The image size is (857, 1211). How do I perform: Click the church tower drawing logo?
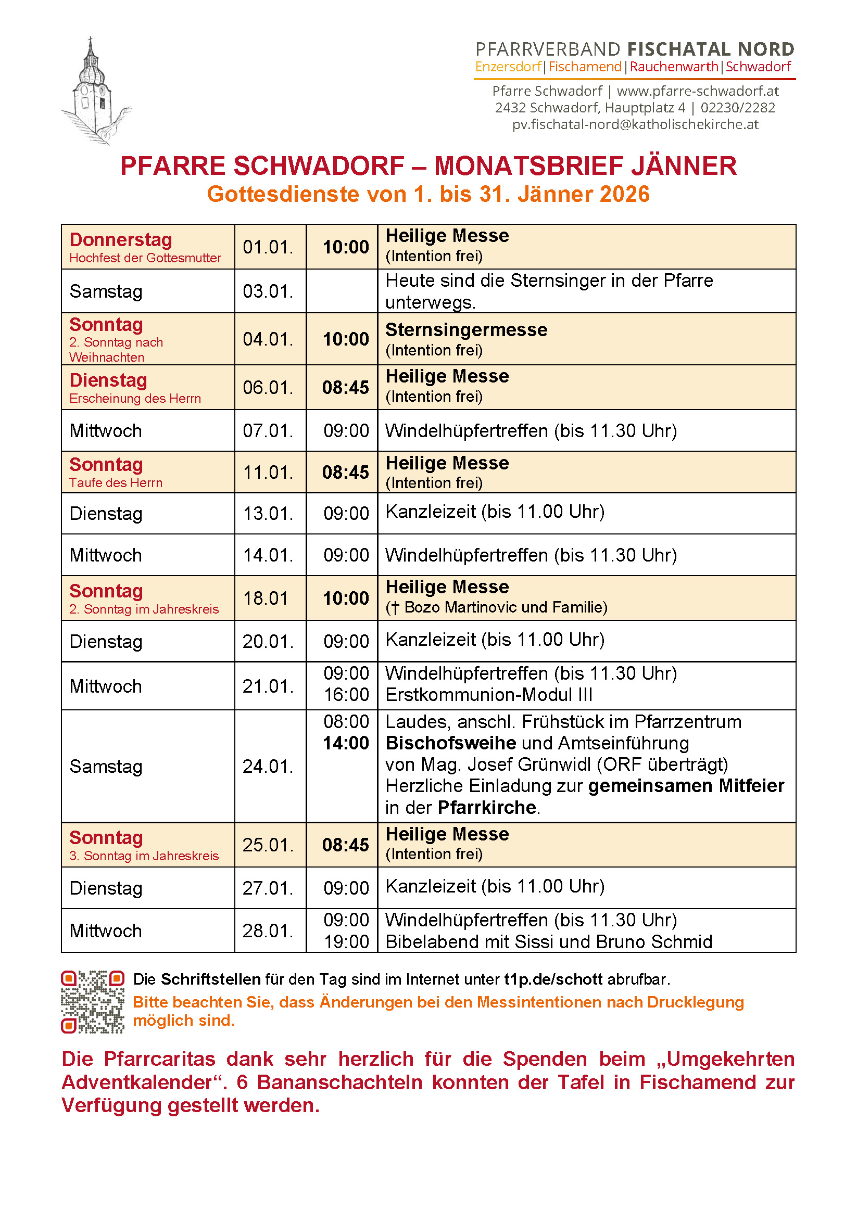[95, 91]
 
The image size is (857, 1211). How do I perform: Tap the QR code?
[93, 1002]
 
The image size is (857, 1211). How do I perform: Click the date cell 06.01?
[268, 388]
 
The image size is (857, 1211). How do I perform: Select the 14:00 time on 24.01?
[346, 743]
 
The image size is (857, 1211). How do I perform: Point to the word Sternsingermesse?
[467, 330]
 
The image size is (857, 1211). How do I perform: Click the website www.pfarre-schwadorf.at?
[698, 91]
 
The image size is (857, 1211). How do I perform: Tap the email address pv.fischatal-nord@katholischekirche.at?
[635, 124]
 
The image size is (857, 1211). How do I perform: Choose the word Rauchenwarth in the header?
[674, 67]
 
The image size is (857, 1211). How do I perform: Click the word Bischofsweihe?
[451, 743]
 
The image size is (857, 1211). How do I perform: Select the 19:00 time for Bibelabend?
[346, 941]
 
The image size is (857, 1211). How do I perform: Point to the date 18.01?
[266, 598]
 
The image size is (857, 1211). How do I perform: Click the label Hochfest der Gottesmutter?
[145, 259]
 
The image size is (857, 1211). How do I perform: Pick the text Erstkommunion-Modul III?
[489, 695]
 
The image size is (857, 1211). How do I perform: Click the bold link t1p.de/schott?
[553, 979]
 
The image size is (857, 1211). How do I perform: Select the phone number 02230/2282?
[738, 108]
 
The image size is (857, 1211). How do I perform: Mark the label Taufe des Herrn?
[116, 483]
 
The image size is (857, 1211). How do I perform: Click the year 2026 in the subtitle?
[624, 195]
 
